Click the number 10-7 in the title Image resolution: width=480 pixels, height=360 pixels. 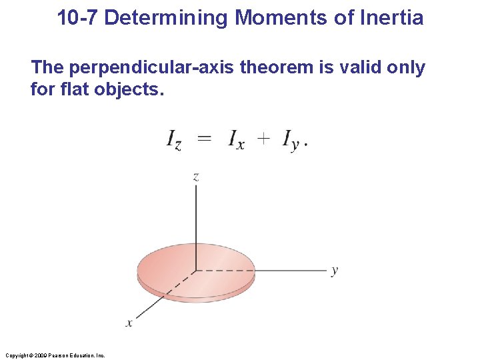(x=78, y=17)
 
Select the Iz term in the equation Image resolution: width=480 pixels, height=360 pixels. (x=173, y=140)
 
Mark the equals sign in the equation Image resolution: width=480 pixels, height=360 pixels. (x=205, y=139)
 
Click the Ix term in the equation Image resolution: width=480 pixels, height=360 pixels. (x=235, y=140)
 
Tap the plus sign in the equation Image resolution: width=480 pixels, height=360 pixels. (x=264, y=139)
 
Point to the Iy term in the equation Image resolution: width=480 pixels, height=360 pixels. (x=291, y=141)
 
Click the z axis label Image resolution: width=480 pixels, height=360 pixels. (x=196, y=177)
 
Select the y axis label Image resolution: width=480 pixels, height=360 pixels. (x=334, y=270)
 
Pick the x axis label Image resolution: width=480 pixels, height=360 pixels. (x=129, y=323)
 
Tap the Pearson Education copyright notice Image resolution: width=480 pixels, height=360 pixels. (x=55, y=355)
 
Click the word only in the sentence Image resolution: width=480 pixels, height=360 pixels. (x=405, y=68)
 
